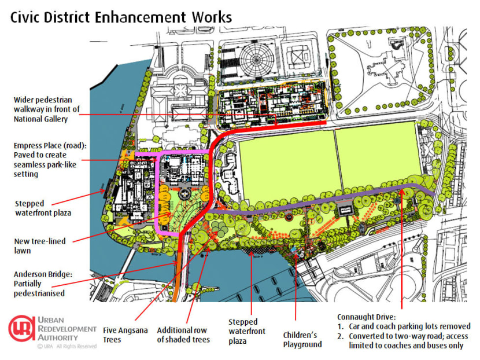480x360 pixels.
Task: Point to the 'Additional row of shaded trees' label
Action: tap(183, 335)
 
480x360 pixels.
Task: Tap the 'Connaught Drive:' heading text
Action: tap(367, 317)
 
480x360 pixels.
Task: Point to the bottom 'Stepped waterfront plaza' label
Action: tap(247, 331)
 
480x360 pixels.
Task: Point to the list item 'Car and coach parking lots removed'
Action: tap(409, 326)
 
